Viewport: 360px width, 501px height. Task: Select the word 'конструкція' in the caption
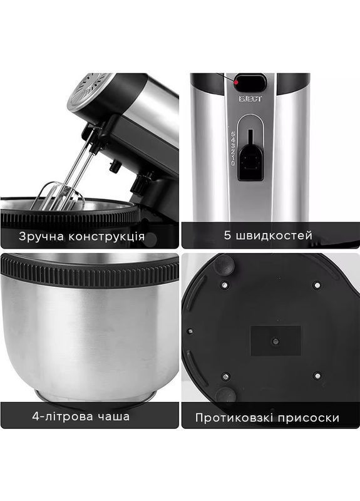click(x=106, y=237)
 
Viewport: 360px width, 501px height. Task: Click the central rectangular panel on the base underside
click(x=275, y=341)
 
